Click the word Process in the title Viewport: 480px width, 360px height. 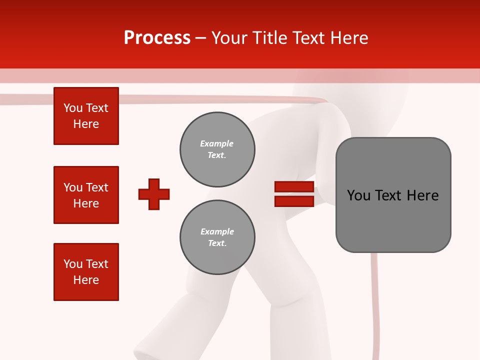point(157,38)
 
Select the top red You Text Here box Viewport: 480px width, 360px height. point(86,116)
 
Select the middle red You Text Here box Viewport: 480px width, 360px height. point(86,195)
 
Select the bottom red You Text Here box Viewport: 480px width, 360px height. point(86,272)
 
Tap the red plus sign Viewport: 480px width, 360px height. point(154,194)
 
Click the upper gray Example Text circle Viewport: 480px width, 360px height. point(217,149)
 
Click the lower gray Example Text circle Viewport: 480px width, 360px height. point(217,237)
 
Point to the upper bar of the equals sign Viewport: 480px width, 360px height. point(294,187)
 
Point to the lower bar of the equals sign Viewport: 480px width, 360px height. point(294,201)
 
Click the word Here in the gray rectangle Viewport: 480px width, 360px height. point(422,195)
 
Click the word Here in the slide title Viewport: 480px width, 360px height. point(348,38)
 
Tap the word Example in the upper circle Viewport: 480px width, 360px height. point(216,143)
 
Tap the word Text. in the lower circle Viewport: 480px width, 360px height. point(217,243)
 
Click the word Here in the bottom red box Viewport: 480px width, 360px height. point(86,280)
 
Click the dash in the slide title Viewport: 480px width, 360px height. point(201,38)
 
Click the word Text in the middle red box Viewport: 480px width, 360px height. point(97,187)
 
